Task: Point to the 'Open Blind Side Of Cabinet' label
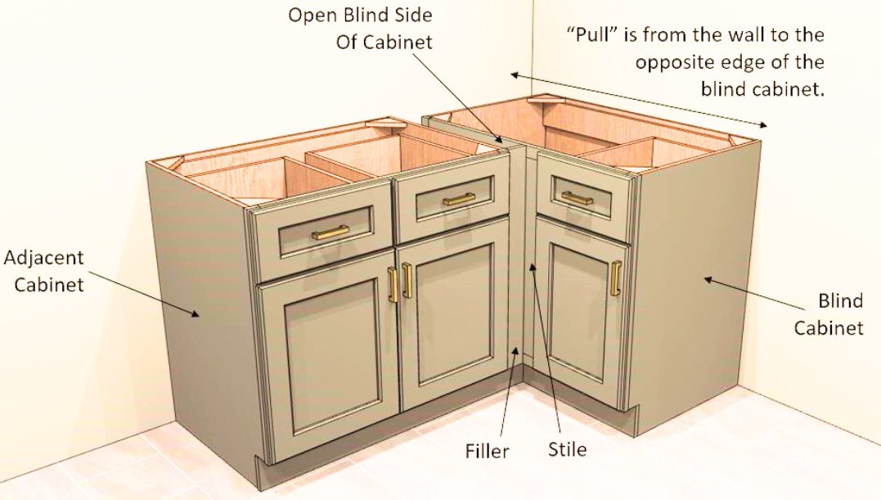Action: (360, 29)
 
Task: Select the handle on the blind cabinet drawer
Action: (577, 197)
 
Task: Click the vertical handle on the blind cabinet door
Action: (614, 278)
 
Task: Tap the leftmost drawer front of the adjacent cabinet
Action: (323, 230)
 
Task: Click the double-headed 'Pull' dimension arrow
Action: (639, 99)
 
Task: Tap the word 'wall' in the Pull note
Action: (729, 35)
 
